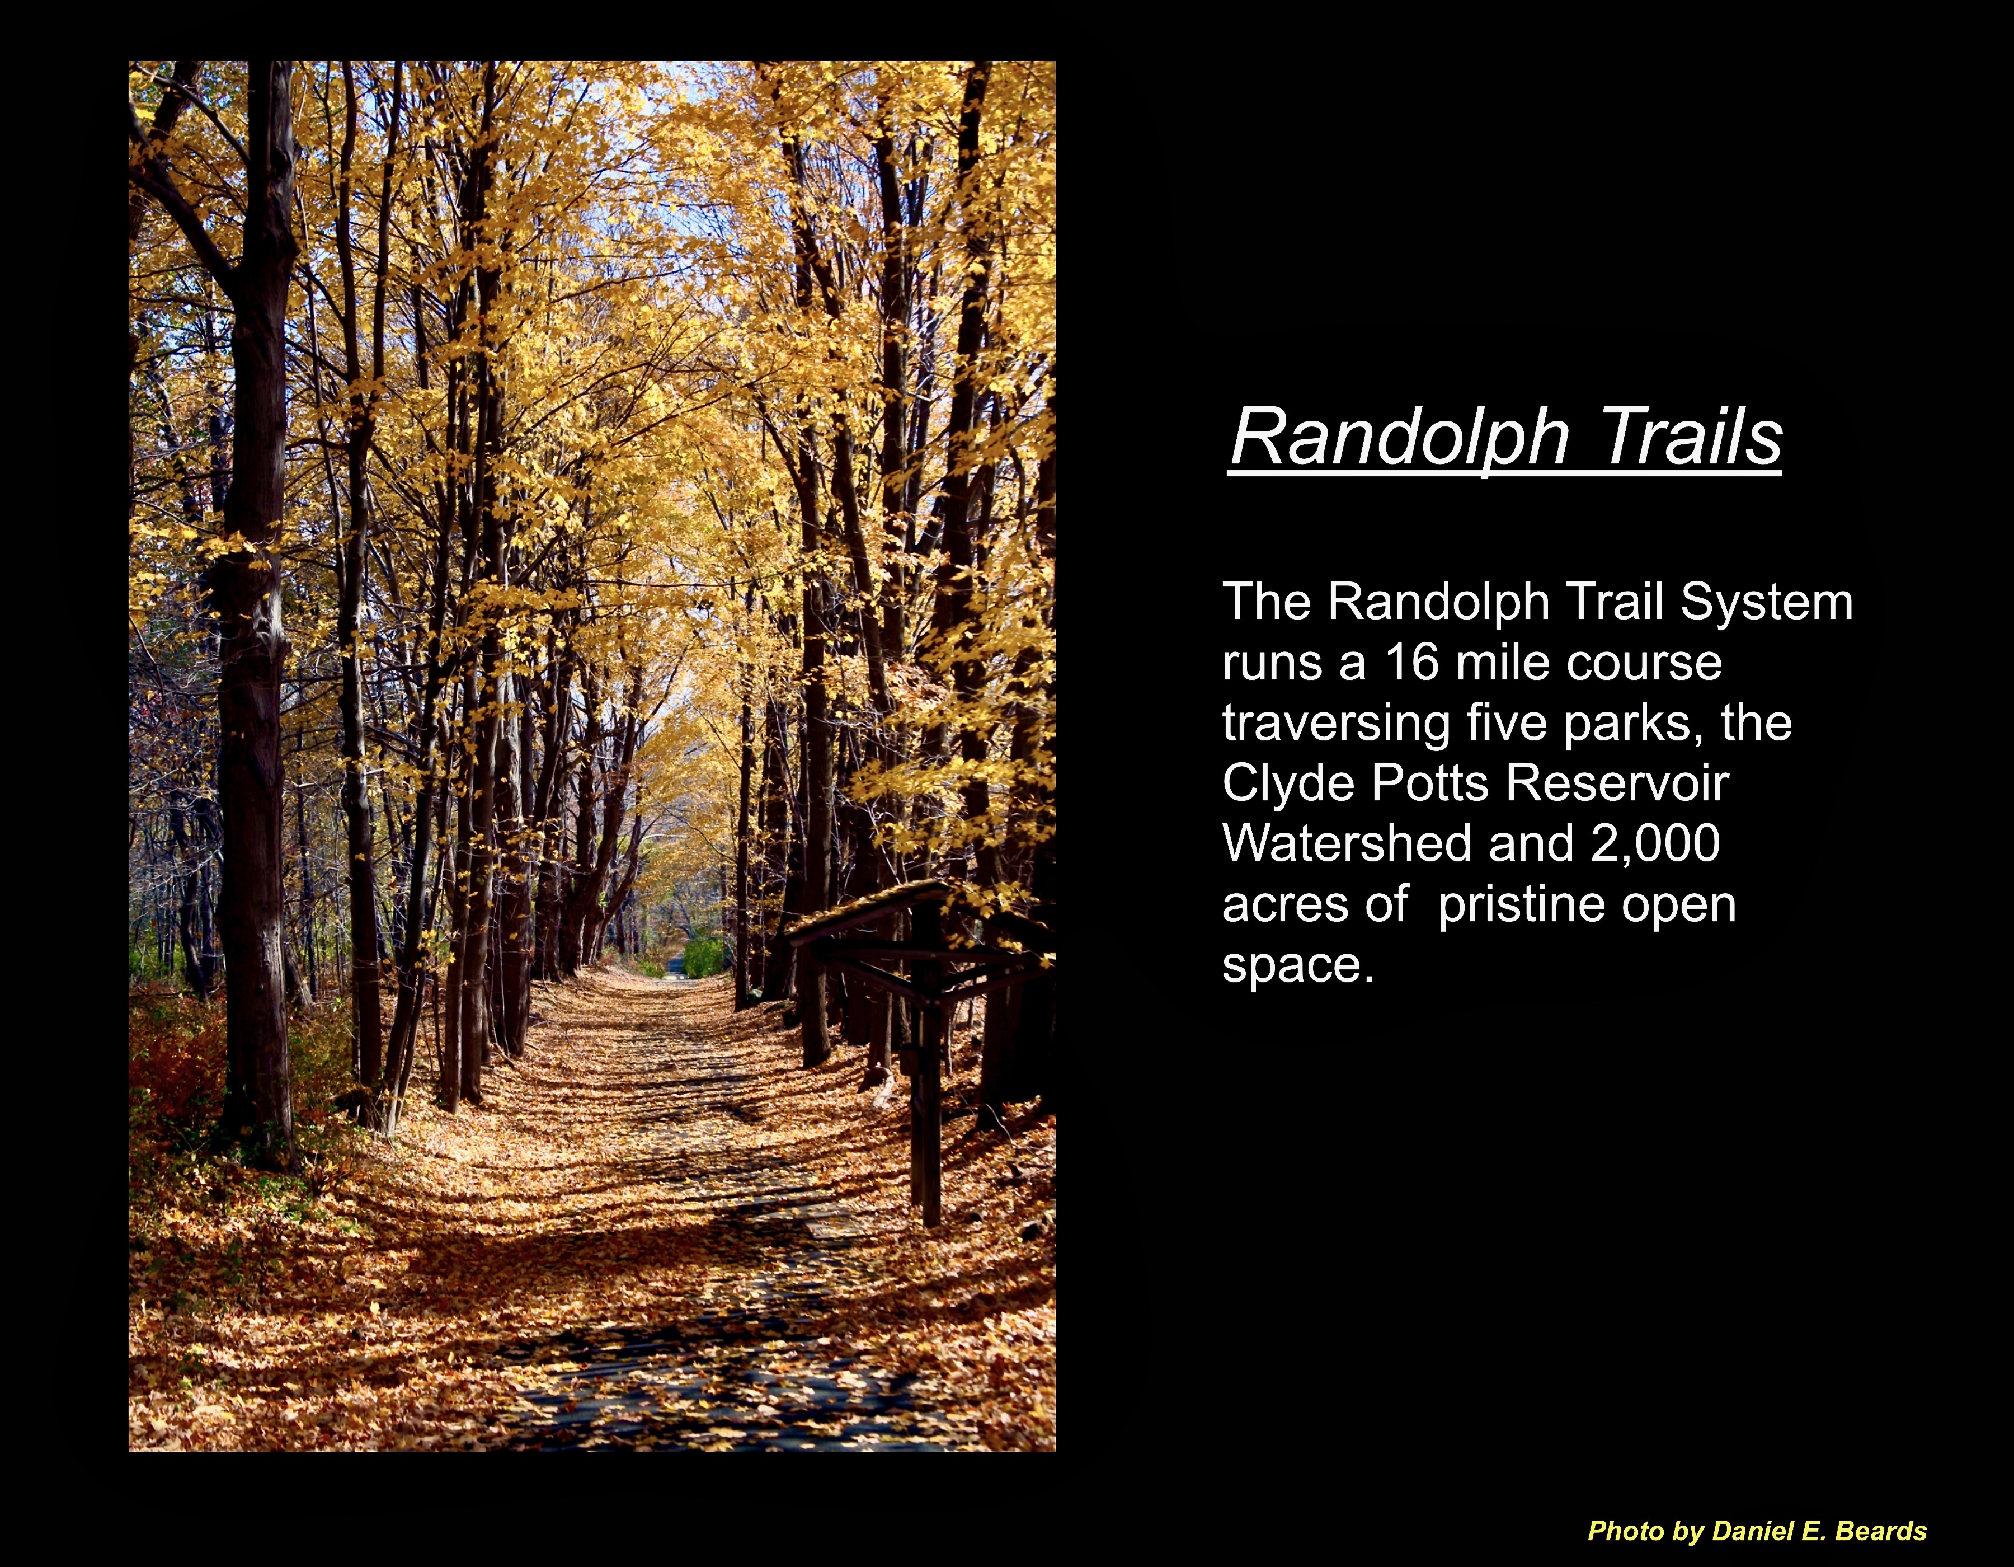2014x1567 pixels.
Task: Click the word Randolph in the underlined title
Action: coord(1400,439)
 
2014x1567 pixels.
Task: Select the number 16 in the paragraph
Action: coord(1411,662)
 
